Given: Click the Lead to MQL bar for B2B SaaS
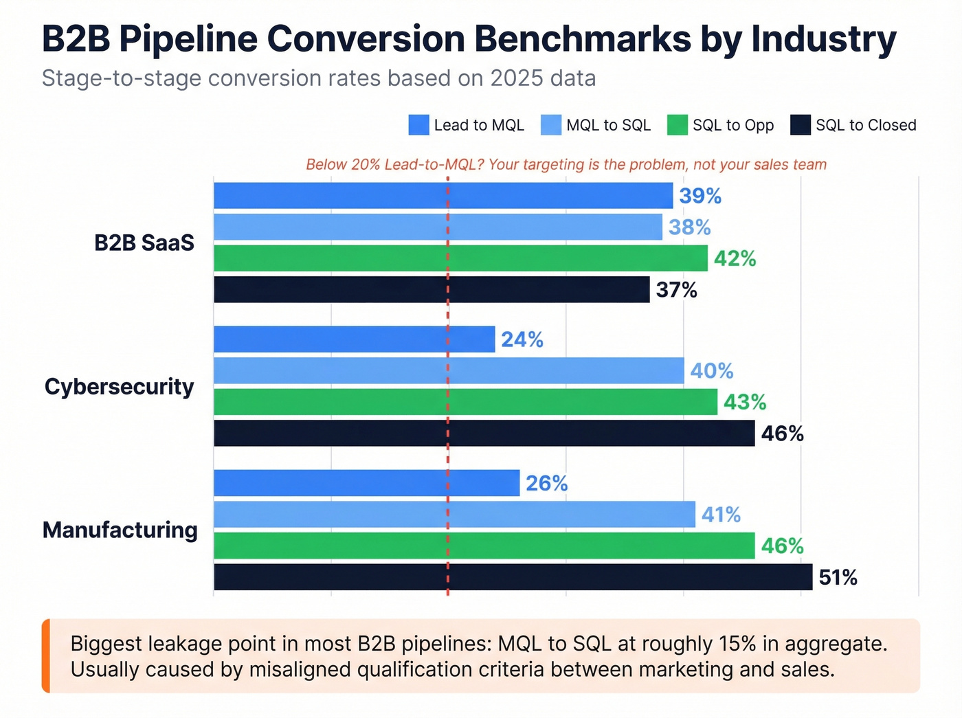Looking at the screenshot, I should point(443,196).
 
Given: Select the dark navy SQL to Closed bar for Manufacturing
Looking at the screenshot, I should point(513,577).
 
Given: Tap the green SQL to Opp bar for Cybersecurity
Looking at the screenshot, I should point(465,402).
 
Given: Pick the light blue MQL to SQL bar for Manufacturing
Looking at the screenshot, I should point(454,515).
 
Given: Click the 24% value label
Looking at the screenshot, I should point(522,339).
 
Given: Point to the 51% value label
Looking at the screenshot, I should point(838,578).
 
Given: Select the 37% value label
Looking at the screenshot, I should point(676,290).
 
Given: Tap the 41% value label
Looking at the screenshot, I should point(721,515).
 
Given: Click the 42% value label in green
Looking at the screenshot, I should point(735,258).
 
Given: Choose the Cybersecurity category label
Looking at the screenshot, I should point(120,387).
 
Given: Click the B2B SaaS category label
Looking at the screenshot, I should point(144,243).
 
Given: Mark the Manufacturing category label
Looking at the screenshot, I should point(120,530).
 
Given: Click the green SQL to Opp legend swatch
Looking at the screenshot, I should point(677,125).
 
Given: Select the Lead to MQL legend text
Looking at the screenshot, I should point(479,125).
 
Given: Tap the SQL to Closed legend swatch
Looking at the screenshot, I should point(801,125).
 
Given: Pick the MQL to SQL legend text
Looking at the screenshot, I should point(608,125).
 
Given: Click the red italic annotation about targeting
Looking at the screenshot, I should point(566,164).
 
